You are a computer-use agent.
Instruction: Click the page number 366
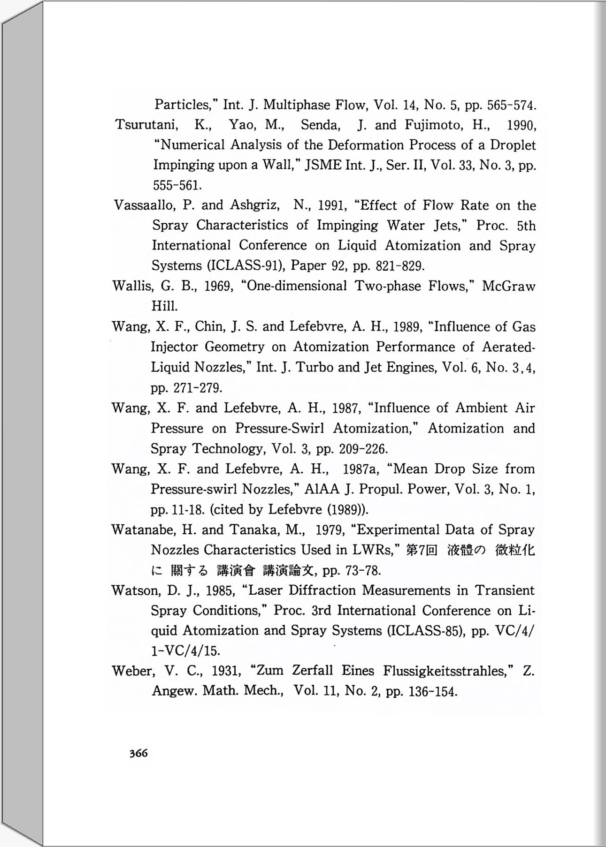tap(139, 753)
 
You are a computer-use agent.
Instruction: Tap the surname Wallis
tap(132, 286)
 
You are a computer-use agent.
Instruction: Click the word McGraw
tap(508, 286)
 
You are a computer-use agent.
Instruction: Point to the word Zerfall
tap(312, 671)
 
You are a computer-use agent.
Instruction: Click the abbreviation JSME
tap(323, 166)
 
